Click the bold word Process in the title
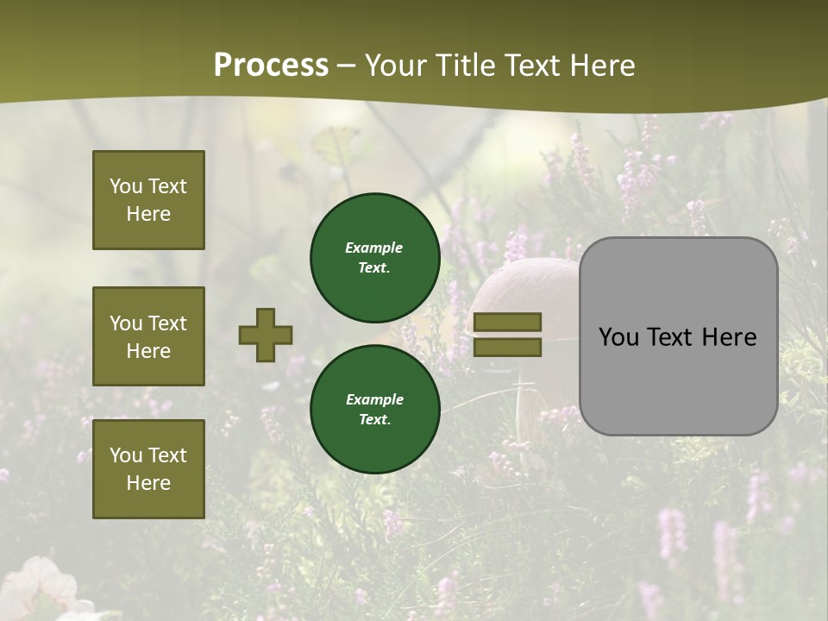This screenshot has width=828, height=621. coord(271,65)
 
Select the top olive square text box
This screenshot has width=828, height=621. coord(148,200)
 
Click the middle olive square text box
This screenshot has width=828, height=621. coord(148,336)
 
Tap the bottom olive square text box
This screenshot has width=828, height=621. coord(148,469)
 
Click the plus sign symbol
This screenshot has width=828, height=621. coord(266,335)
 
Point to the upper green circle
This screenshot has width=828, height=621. coord(374,257)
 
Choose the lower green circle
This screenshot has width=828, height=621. coord(374,409)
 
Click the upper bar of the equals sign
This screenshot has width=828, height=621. coord(508,323)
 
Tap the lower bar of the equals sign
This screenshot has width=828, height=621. coord(508,347)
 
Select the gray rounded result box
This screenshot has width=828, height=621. coord(678,336)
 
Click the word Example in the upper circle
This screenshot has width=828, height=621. coord(373,248)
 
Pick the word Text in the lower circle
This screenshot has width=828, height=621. coord(373,420)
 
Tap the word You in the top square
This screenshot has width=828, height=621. coord(125,186)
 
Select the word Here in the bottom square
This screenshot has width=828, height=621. coord(148,483)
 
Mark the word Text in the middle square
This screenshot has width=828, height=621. coord(166,323)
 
